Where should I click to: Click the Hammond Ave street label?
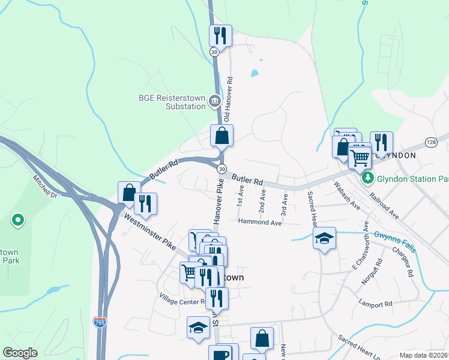pyautogui.click(x=259, y=222)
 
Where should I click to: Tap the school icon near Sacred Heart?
pyautogui.click(x=324, y=238)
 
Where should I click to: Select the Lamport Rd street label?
pyautogui.click(x=375, y=304)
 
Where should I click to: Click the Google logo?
pyautogui.click(x=20, y=353)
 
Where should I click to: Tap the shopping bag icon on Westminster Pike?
pyautogui.click(x=128, y=192)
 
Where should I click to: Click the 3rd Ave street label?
pyautogui.click(x=285, y=204)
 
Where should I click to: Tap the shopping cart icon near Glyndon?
pyautogui.click(x=359, y=158)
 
